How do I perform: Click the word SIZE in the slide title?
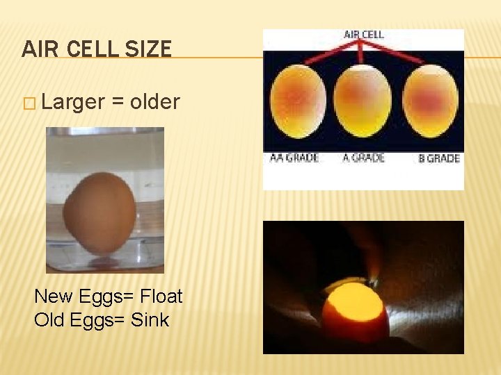tap(148, 49)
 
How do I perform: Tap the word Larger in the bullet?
tap(73, 103)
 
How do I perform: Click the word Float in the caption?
tap(161, 297)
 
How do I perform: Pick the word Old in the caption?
tap(49, 320)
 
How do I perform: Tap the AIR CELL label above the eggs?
tap(363, 34)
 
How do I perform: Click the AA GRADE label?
tap(294, 158)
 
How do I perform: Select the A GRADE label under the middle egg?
tap(363, 158)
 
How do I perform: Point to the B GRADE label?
tap(438, 158)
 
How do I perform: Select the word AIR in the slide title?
tap(37, 49)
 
